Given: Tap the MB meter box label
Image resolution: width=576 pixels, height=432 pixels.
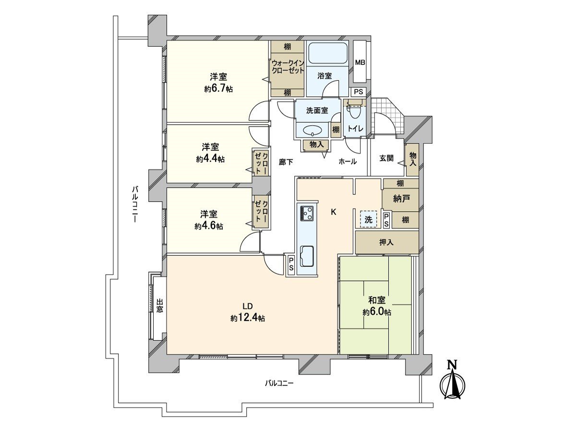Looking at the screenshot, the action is point(360,63).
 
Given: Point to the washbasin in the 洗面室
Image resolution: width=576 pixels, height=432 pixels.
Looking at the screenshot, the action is point(312,130).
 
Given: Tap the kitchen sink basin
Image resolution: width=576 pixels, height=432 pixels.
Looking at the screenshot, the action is point(307,256).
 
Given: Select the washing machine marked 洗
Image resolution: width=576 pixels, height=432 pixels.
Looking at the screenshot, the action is point(369,219).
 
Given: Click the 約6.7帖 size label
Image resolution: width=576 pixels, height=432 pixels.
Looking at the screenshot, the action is point(218,89).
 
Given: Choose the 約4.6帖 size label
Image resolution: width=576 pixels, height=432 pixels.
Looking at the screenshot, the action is point(209,226).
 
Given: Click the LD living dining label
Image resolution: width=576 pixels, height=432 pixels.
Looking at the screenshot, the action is point(247,306).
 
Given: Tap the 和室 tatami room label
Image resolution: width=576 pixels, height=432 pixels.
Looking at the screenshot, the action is point(377,300).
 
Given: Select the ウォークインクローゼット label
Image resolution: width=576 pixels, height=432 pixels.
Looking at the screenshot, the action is point(288,67).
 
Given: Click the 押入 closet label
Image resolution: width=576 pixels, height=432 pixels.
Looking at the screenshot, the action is point(386,242).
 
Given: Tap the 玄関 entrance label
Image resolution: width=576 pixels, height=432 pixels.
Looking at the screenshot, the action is point(386,158).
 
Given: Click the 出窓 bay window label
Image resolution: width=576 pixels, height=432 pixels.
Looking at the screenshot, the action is point(159,306).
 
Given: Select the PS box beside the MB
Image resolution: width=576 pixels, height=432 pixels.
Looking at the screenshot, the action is point(359,92).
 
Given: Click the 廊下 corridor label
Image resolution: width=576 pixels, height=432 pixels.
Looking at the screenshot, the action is point(286,162).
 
